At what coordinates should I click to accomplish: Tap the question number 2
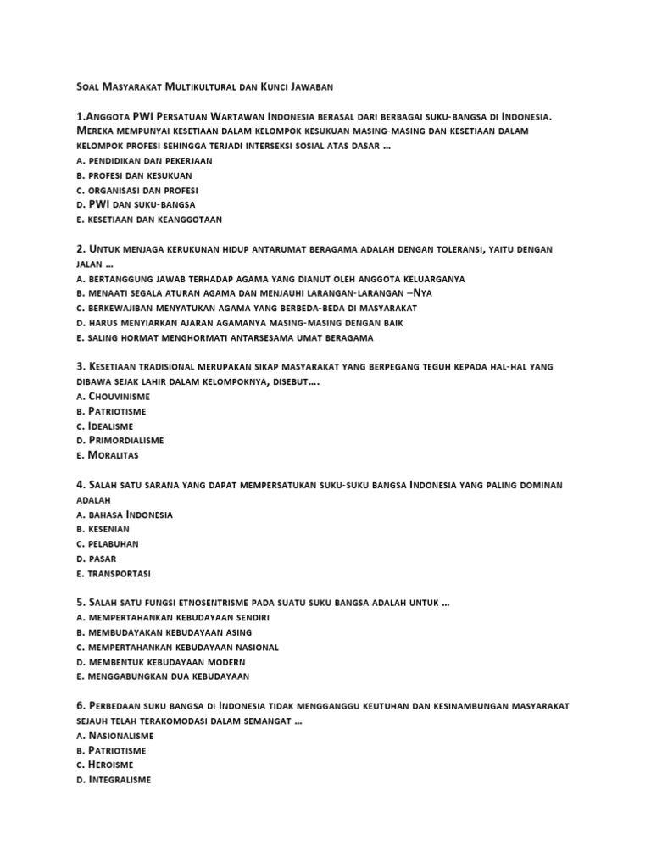[80, 249]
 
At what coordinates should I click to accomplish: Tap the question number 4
[80, 485]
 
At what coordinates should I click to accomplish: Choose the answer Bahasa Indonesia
[124, 515]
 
